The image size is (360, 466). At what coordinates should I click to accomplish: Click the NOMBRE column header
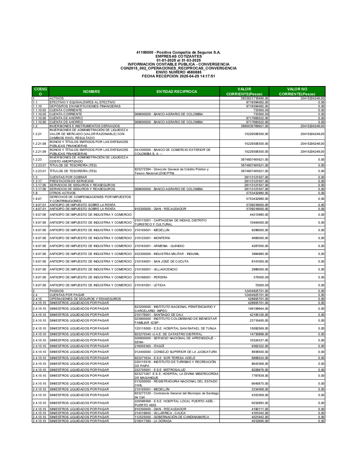(91, 91)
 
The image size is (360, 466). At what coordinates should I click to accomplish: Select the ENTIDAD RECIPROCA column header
(177, 91)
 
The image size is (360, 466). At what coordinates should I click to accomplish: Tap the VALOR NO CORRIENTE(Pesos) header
(297, 91)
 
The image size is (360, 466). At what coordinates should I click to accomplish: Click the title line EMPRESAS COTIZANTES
(179, 57)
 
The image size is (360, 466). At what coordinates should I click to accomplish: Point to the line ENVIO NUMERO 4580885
(179, 72)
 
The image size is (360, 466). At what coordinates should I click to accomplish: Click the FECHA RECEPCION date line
(179, 76)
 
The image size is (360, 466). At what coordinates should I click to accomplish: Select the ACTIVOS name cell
(57, 98)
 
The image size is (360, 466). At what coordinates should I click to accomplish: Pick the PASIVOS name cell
(57, 291)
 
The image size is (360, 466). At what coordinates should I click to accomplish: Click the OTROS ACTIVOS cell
(63, 193)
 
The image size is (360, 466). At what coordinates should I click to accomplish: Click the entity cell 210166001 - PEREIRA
(151, 277)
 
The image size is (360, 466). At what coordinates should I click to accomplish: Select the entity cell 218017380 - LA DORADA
(153, 421)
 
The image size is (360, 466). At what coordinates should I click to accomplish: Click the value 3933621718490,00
(255, 98)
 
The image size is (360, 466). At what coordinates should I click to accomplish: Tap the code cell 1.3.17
(37, 181)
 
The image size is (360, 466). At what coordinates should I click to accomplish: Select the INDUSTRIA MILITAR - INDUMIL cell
(167, 254)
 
